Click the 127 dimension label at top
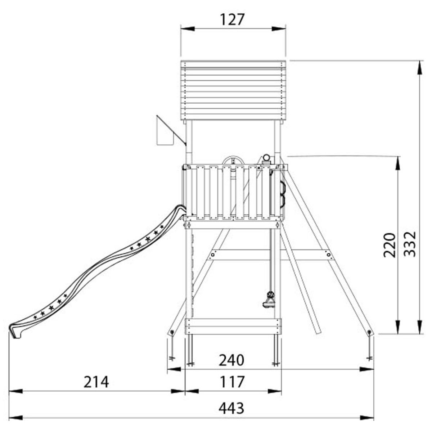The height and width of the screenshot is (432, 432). pyautogui.click(x=232, y=20)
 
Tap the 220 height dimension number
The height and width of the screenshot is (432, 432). pyautogui.click(x=390, y=246)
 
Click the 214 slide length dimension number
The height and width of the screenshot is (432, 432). pyautogui.click(x=96, y=382)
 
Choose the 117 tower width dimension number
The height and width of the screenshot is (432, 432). pyautogui.click(x=232, y=382)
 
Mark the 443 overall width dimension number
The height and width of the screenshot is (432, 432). pyautogui.click(x=231, y=408)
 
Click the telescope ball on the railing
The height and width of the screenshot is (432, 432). pyautogui.click(x=266, y=157)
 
